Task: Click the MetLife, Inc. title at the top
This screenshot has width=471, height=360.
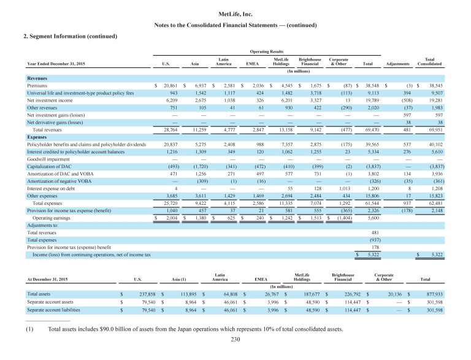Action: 235,13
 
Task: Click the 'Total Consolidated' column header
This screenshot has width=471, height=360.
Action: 426,61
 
